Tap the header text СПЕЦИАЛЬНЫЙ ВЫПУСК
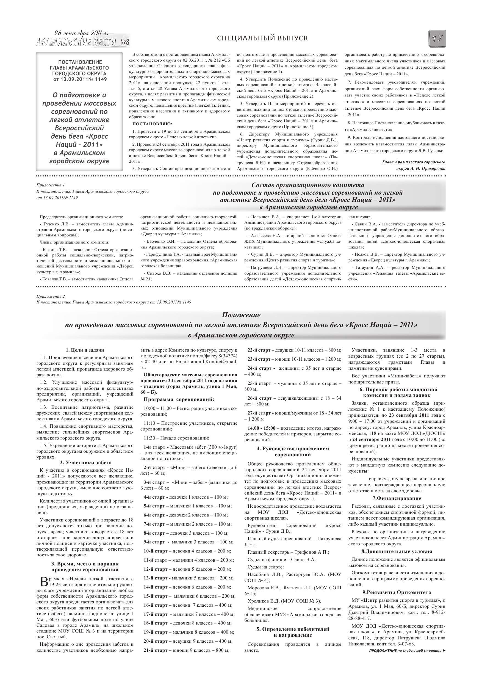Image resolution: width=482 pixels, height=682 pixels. click(262, 38)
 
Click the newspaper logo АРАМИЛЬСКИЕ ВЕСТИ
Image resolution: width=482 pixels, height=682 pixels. click(76, 43)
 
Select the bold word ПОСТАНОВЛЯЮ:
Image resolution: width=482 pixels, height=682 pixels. click(152, 124)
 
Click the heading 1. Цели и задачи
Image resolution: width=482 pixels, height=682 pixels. click(85, 350)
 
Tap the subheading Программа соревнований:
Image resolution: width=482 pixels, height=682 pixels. click(179, 399)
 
